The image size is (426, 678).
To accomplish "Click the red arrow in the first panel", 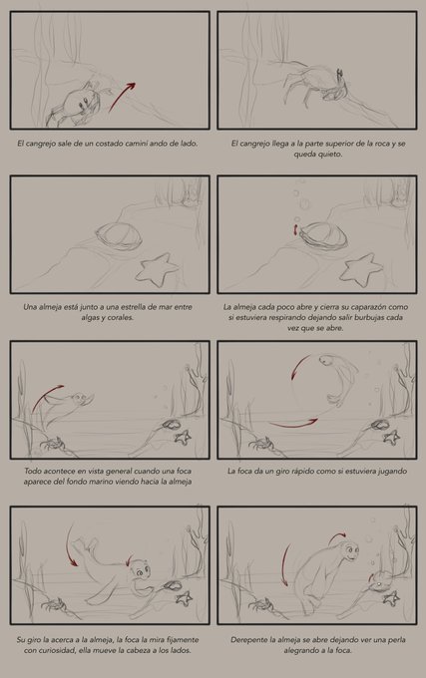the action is [x=121, y=97].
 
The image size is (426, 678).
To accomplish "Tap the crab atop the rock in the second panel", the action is [x=315, y=85].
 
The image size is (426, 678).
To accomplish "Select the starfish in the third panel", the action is [x=157, y=269].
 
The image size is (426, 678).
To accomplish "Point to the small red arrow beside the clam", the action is [x=296, y=229].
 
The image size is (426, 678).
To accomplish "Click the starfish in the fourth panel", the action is [x=361, y=270].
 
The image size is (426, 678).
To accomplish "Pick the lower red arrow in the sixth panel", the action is [x=293, y=424].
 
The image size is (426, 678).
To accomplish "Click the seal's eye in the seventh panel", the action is [x=141, y=573].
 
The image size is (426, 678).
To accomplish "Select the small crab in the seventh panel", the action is [x=53, y=604].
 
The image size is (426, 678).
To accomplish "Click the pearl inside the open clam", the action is [x=379, y=584].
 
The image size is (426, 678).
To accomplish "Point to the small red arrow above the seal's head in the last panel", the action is [x=337, y=537].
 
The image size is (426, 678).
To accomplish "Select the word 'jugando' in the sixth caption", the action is [x=392, y=471].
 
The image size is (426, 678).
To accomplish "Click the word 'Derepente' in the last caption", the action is [x=248, y=639].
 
